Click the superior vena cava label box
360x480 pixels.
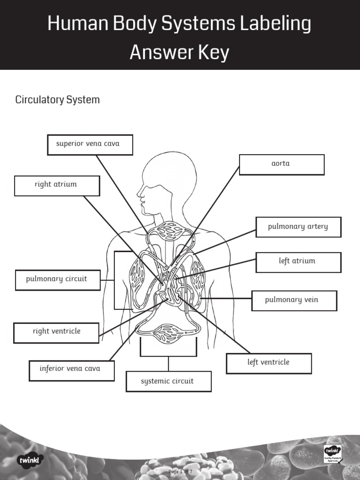90,144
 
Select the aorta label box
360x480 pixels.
282,165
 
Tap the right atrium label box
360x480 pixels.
57,186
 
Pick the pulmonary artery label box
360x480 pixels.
298,227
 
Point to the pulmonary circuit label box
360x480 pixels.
58,280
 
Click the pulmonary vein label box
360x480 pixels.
294,300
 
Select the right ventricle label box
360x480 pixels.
56,332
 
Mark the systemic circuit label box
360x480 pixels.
168,382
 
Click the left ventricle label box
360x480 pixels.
269,363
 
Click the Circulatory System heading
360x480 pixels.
58,100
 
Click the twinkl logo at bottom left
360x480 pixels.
30,460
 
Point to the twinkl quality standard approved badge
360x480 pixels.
333,454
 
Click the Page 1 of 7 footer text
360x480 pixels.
180,471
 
